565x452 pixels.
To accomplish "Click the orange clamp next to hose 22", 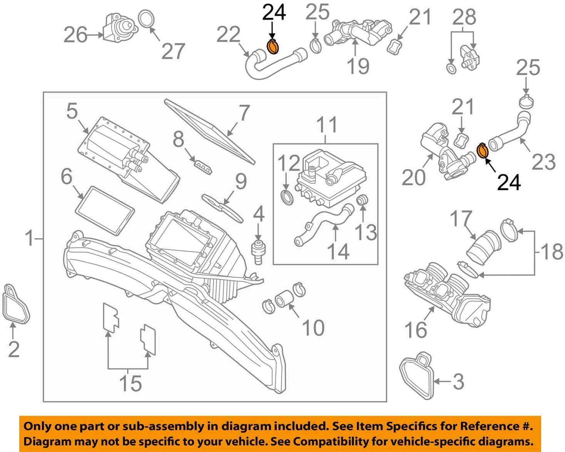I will coord(273,47).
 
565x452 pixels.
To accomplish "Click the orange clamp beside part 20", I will coord(482,151).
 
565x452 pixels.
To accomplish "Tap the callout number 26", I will coord(75,35).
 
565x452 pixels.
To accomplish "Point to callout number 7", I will coord(244,113).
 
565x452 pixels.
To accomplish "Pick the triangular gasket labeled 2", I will coord(15,304).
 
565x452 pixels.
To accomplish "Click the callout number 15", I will coord(130,383).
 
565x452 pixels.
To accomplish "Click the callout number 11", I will coord(327,125).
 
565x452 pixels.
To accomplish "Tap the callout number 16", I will coord(416,330).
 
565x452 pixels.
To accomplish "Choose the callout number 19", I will coord(358,66).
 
